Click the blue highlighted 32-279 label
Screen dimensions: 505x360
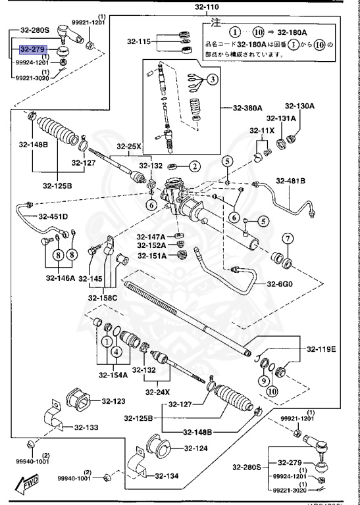tap(33, 49)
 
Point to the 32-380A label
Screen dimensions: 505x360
tap(247, 108)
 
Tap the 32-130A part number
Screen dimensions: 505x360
tap(299, 106)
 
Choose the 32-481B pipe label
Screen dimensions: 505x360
tap(290, 181)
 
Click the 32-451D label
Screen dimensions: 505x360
tap(53, 216)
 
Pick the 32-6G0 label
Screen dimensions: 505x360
tap(280, 283)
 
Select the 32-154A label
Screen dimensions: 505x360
tap(113, 375)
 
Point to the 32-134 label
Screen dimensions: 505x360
tap(169, 477)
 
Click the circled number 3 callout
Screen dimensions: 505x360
tap(213, 80)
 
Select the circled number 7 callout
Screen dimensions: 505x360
tap(287, 237)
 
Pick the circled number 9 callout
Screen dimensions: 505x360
tap(263, 379)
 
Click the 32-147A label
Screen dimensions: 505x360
tap(151, 236)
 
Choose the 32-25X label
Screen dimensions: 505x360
tap(130, 146)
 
